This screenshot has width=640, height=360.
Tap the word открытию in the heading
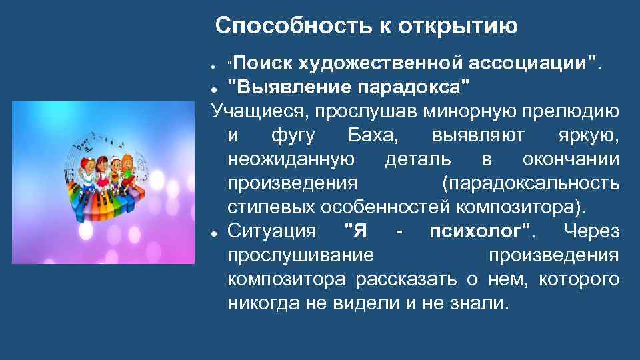click(x=459, y=26)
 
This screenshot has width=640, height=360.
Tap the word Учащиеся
click(x=254, y=110)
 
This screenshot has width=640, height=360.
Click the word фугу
click(x=291, y=135)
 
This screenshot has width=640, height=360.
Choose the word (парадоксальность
click(x=530, y=183)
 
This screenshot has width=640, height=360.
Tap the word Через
click(x=591, y=231)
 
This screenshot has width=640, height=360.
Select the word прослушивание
click(x=301, y=255)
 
